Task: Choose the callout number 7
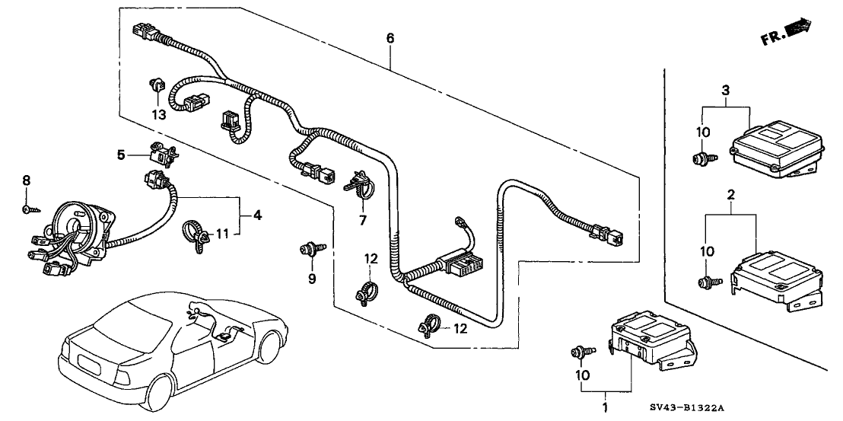[363, 221]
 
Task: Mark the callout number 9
[310, 279]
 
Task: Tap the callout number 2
[730, 196]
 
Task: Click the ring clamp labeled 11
[193, 232]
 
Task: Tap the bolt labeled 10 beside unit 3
[700, 159]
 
